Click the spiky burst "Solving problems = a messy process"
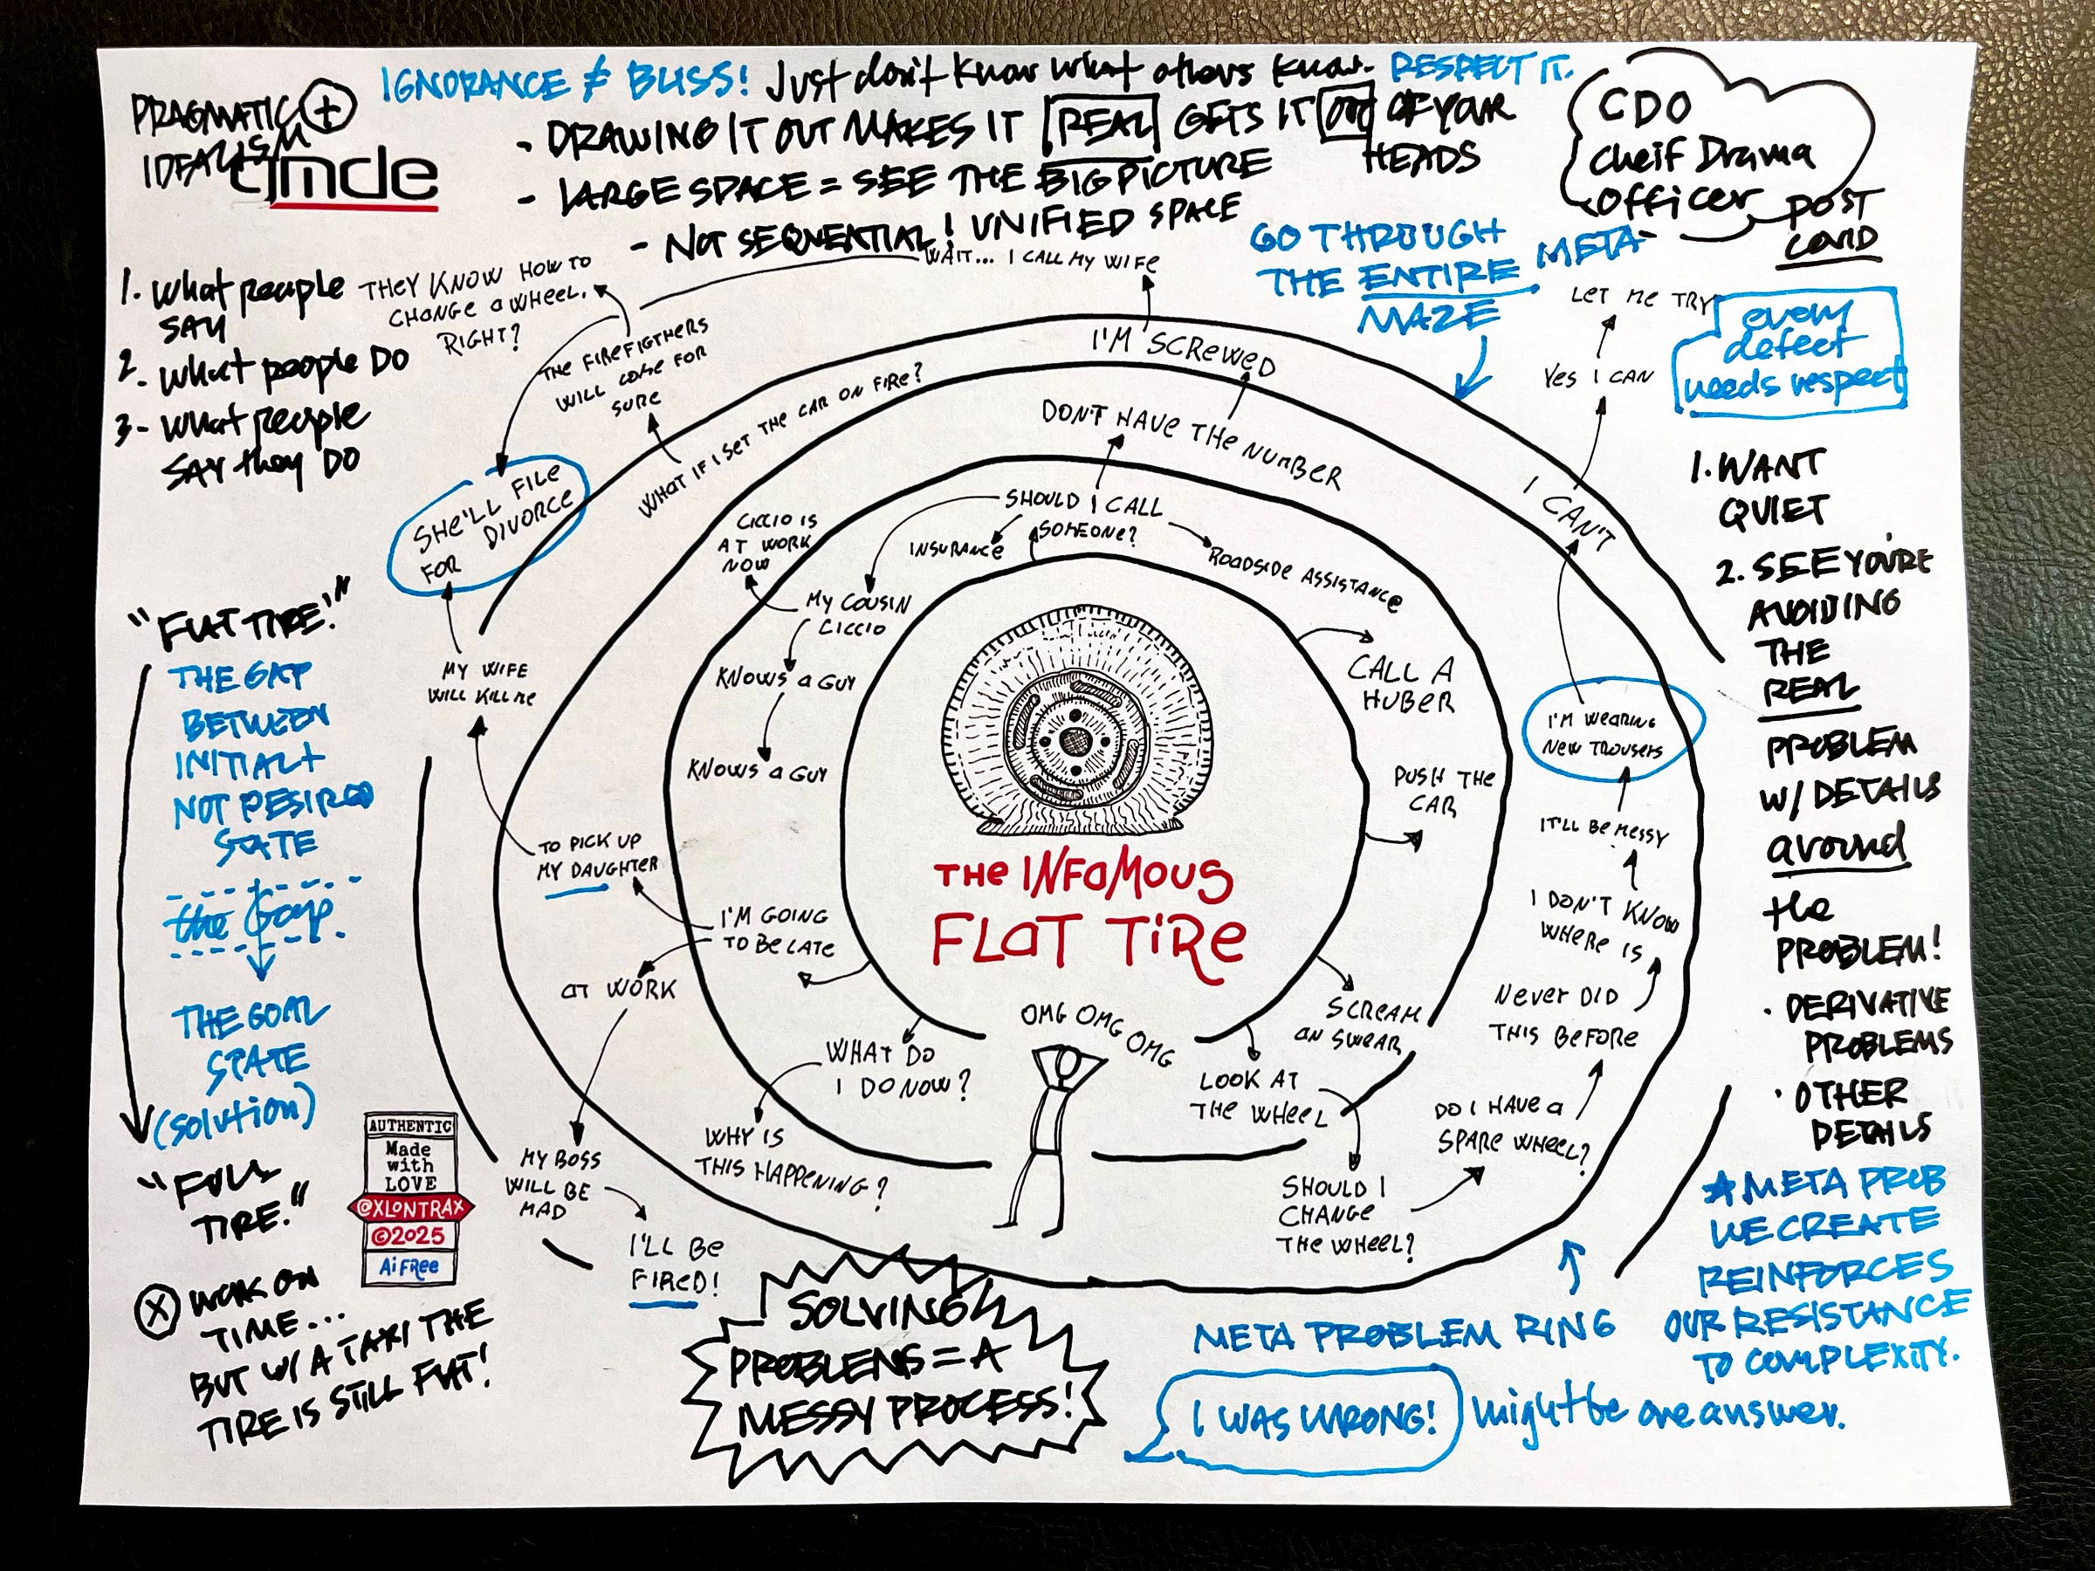pyautogui.click(x=895, y=1363)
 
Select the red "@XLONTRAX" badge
pyautogui.click(x=409, y=1207)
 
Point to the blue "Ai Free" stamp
pyautogui.click(x=409, y=1266)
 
